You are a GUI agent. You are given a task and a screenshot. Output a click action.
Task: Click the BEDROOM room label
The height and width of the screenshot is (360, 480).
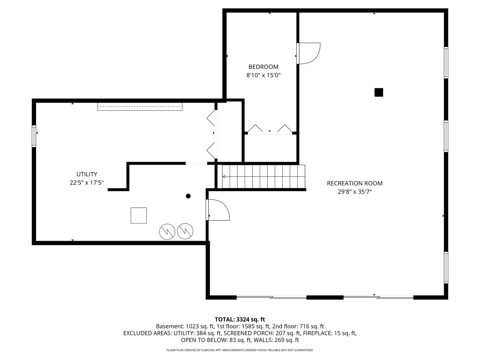tap(263, 67)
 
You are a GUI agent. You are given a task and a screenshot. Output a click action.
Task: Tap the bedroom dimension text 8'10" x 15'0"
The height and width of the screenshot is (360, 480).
tap(263, 75)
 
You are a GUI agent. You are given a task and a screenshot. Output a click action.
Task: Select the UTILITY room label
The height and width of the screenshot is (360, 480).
tap(87, 174)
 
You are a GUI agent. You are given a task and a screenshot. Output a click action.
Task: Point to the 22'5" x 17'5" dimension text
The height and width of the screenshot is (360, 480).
tap(87, 183)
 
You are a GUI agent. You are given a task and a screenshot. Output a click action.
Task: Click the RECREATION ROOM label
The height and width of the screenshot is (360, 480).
tap(355, 183)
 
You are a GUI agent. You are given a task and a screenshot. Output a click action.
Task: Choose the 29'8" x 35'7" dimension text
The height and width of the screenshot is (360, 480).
tap(355, 192)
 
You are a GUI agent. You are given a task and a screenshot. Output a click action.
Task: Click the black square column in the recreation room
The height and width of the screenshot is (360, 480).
tap(379, 92)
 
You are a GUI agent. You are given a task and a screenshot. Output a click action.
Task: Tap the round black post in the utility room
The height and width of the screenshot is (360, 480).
tap(188, 196)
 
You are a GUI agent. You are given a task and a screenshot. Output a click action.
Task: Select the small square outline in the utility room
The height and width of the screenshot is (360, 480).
tap(139, 216)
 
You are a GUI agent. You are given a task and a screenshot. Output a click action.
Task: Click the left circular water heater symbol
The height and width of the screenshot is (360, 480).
tap(167, 231)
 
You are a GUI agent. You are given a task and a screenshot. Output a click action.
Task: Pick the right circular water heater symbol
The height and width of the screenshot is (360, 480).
tap(185, 231)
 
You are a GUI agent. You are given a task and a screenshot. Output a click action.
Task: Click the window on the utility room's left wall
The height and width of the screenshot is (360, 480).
tap(34, 136)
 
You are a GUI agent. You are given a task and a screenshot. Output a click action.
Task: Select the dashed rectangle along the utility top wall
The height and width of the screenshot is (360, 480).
tap(140, 106)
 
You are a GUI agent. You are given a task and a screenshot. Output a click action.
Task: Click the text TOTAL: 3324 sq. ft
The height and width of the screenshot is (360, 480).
tap(240, 319)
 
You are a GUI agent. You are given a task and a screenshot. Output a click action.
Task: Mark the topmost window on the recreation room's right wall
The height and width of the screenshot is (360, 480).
tap(446, 63)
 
